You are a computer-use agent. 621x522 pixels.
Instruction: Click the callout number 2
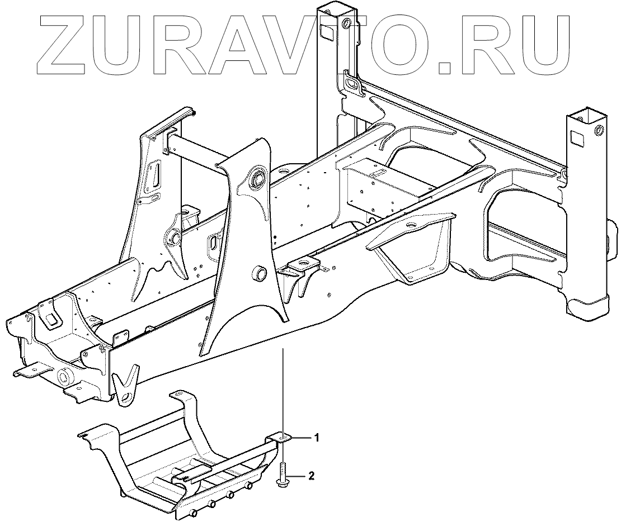pos(312,476)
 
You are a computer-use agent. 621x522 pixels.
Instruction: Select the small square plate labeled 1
pos(282,438)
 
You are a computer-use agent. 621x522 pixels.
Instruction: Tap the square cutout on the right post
pos(576,136)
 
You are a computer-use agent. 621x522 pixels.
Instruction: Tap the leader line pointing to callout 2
pos(298,476)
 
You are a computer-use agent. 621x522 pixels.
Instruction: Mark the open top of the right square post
pos(584,115)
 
